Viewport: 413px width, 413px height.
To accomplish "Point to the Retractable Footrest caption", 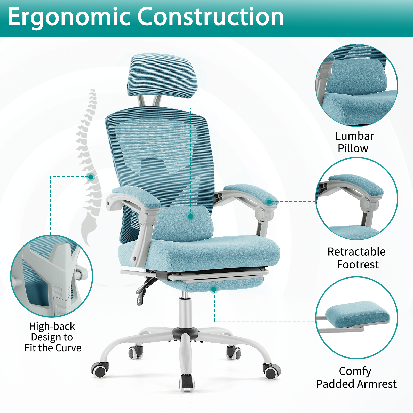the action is (357, 258).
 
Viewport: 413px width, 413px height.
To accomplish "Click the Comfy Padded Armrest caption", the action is (356, 377).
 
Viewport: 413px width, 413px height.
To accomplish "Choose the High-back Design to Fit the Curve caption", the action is (53, 337).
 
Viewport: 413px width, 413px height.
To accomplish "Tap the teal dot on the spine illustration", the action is (91, 177).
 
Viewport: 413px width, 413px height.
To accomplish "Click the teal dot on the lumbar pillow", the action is (191, 216).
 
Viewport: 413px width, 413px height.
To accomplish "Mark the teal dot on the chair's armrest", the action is (269, 202).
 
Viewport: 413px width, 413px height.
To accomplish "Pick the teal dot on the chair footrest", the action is (214, 290).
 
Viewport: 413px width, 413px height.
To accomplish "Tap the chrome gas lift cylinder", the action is (185, 310).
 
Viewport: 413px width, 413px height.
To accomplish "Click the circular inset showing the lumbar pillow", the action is (357, 85).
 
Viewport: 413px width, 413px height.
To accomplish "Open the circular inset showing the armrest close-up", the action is (357, 199).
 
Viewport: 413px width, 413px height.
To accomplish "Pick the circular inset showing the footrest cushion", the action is (357, 318).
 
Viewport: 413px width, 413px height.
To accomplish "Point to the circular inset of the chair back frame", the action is (52, 276).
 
